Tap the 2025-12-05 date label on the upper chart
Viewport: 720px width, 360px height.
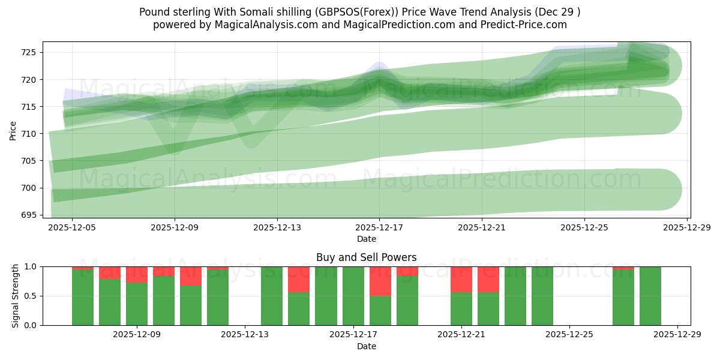pyautogui.click(x=73, y=227)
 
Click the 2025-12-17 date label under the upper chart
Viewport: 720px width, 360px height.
pyautogui.click(x=379, y=227)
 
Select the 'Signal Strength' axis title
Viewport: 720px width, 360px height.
pyautogui.click(x=16, y=296)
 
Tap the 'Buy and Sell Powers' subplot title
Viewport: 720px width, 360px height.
pyautogui.click(x=366, y=257)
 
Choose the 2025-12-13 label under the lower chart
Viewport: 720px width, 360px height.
pyautogui.click(x=245, y=335)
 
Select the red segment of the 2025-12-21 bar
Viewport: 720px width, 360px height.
pyautogui.click(x=461, y=279)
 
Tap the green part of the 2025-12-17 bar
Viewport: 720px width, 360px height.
pyautogui.click(x=353, y=296)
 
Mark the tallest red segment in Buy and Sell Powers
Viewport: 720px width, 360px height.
pyautogui.click(x=380, y=281)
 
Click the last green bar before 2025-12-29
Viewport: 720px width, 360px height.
pyautogui.click(x=650, y=296)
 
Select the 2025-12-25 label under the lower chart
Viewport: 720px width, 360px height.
pyautogui.click(x=569, y=335)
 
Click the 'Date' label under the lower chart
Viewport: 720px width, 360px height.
pyautogui.click(x=366, y=346)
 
